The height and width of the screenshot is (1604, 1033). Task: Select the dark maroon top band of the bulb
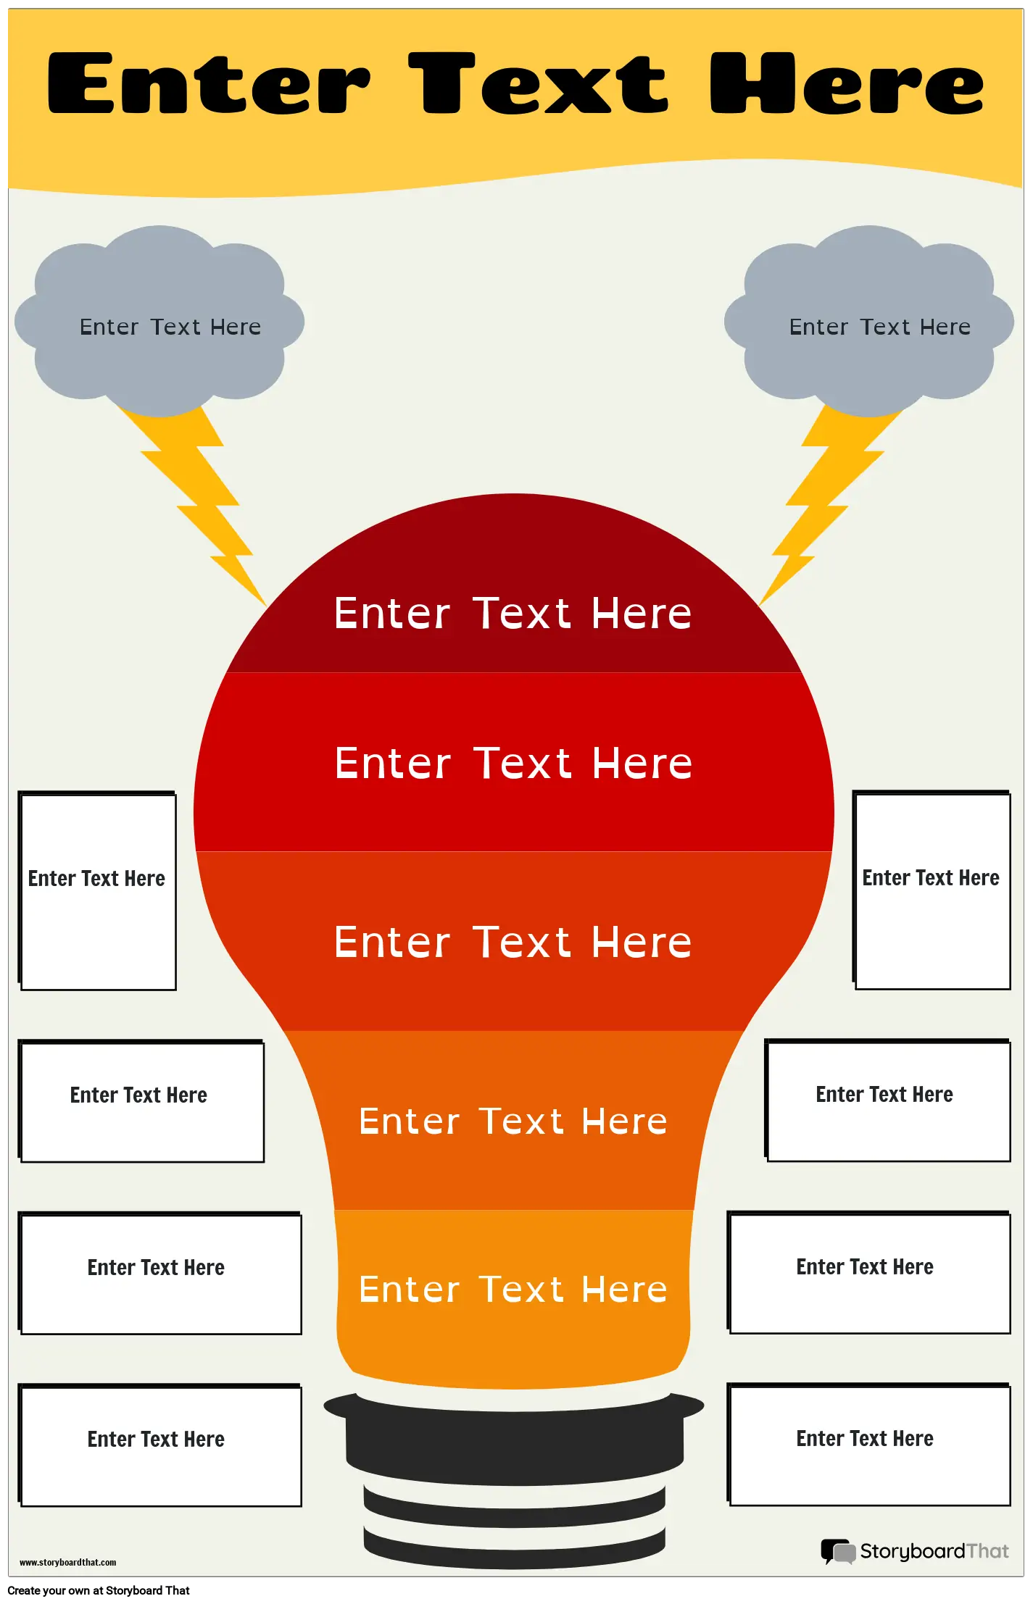pos(514,594)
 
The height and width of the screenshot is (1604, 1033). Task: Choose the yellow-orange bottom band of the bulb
pos(513,1297)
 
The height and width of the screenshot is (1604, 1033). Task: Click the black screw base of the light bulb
pos(514,1478)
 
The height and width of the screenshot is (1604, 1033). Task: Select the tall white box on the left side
pos(97,890)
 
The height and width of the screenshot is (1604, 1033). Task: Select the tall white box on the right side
pos(932,890)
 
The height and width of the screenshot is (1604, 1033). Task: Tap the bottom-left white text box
pos(159,1445)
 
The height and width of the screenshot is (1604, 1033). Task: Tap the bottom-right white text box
pos(869,1445)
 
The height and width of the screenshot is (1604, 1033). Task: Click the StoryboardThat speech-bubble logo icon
pos(838,1551)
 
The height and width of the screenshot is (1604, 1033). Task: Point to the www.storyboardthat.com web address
pos(68,1563)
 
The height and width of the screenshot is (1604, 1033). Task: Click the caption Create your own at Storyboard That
pos(99,1590)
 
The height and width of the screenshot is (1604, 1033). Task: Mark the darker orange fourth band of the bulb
pos(513,1120)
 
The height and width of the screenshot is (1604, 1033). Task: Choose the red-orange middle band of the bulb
pos(514,941)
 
